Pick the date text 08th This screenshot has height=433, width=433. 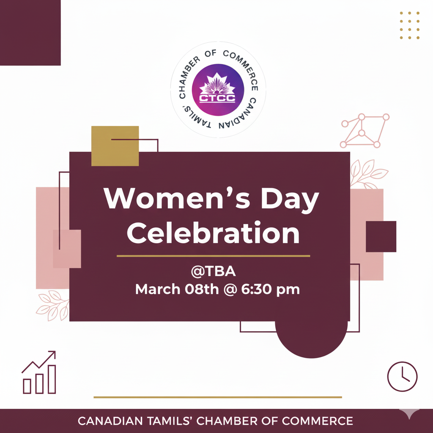(199, 290)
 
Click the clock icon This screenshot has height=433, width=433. (402, 376)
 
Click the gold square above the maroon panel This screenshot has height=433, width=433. (115, 145)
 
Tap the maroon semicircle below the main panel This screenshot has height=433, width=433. (311, 338)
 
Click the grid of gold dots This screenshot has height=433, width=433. (409, 25)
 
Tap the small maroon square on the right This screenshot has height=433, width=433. (381, 236)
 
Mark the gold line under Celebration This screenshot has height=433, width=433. (213, 256)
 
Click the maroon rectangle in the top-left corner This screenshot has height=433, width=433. (30, 33)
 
